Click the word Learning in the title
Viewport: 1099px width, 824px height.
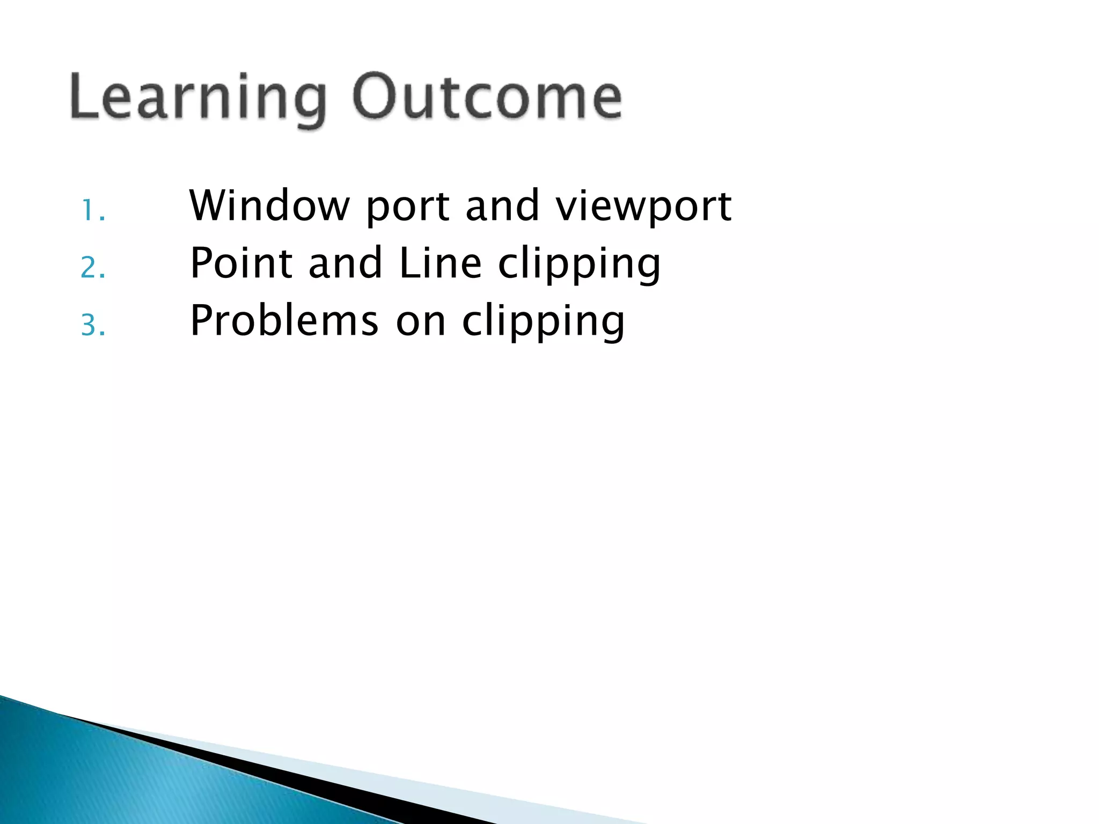pos(197,98)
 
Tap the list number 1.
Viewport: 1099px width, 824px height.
pos(92,210)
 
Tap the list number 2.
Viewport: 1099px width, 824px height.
pos(92,268)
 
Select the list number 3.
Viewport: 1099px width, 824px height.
pos(92,325)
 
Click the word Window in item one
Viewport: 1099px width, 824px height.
pos(269,206)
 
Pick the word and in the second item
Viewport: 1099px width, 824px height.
pos(345,263)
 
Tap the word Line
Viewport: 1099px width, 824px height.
pos(440,263)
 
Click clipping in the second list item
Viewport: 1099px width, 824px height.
pos(580,266)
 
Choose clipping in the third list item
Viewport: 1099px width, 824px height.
pos(544,323)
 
